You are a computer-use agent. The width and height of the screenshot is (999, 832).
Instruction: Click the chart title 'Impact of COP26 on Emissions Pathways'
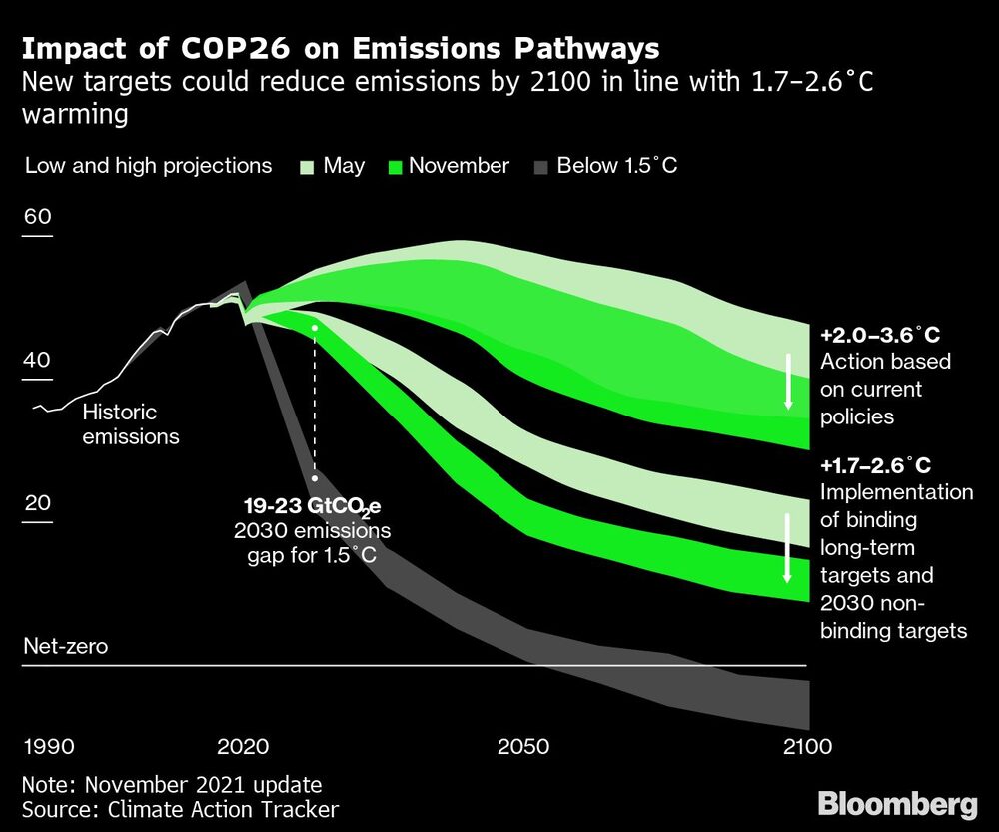pyautogui.click(x=340, y=48)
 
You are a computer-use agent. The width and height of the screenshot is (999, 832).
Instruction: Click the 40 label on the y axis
pyautogui.click(x=36, y=360)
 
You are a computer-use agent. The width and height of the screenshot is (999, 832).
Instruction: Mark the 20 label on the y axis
pyautogui.click(x=36, y=502)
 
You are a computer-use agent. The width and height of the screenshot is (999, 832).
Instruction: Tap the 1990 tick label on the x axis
pyautogui.click(x=48, y=747)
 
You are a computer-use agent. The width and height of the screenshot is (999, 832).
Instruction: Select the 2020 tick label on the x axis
pyautogui.click(x=243, y=747)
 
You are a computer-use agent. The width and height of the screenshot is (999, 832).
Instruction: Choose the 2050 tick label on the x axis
pyautogui.click(x=523, y=747)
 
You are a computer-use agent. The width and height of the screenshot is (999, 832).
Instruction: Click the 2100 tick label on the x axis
pyautogui.click(x=806, y=747)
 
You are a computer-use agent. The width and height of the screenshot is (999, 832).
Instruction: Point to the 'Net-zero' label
pyautogui.click(x=64, y=646)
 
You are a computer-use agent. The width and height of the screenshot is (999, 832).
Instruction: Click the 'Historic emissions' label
pyautogui.click(x=130, y=423)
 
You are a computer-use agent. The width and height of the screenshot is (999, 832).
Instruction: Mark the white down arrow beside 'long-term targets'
pyautogui.click(x=788, y=548)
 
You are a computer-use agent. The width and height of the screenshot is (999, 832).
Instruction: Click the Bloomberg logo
pyautogui.click(x=897, y=802)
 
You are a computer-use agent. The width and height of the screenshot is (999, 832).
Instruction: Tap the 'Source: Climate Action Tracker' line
pyautogui.click(x=180, y=810)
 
